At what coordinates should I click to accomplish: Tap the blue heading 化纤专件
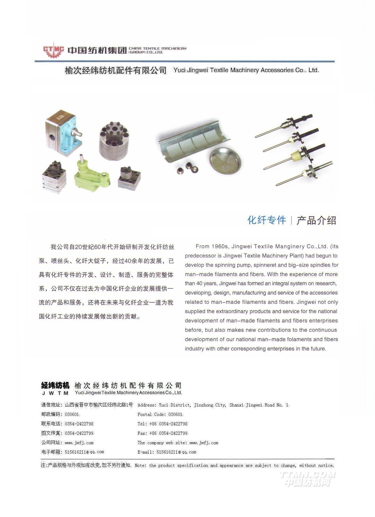[266, 220]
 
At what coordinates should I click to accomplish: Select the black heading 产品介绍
[316, 220]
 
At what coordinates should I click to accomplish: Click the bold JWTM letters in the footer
[55, 393]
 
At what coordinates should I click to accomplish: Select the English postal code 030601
[175, 414]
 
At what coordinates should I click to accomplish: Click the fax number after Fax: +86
[173, 433]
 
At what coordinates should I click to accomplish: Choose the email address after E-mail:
[176, 452]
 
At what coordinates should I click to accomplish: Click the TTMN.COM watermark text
[307, 475]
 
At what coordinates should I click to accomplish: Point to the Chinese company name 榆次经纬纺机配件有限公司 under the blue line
[116, 71]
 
